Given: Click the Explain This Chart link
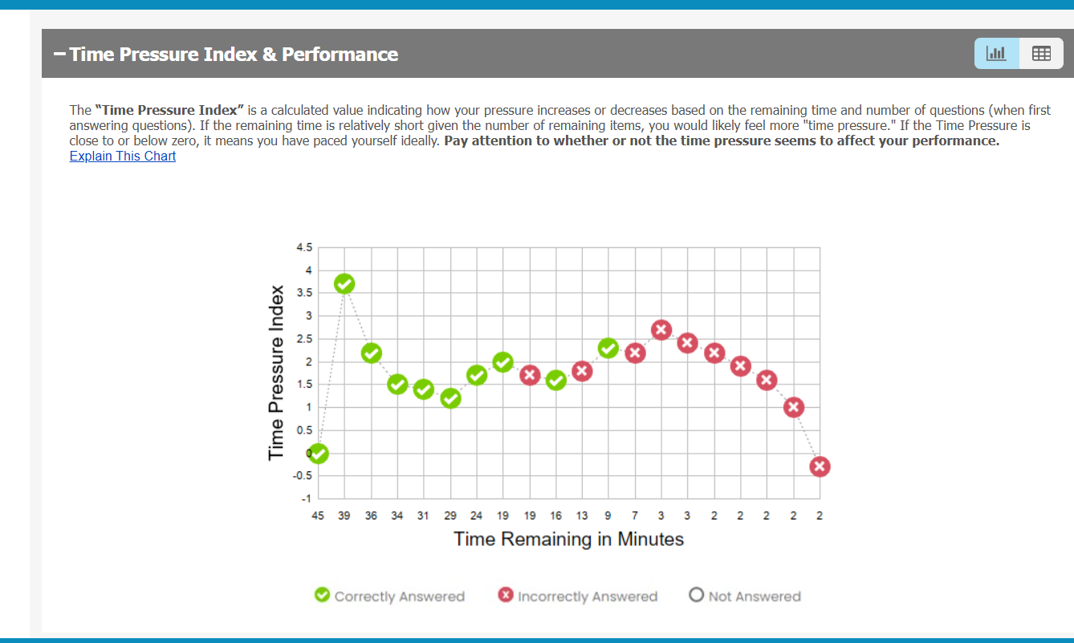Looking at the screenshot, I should coord(122,156).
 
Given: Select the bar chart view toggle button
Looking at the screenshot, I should coord(996,54).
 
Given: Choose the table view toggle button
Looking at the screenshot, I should coord(1041,54).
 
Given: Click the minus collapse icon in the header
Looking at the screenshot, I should coord(59,55).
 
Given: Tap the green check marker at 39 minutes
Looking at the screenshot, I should coord(344,284).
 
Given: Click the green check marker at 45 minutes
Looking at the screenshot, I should coord(319,454).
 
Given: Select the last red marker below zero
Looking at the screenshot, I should coord(820,466).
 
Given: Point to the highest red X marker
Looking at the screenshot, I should coord(661,330).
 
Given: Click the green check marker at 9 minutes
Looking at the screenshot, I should coord(608,348).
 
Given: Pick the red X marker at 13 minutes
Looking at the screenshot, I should coord(582,371).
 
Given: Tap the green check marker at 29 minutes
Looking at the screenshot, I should coord(450,398).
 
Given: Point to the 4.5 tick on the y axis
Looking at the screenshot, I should coord(305,248).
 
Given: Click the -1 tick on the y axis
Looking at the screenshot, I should coord(307,499).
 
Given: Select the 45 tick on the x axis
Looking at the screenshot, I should coord(319,516).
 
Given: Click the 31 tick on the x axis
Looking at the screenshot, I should coord(423,516).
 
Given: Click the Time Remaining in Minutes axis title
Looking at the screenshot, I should coord(568,539).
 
